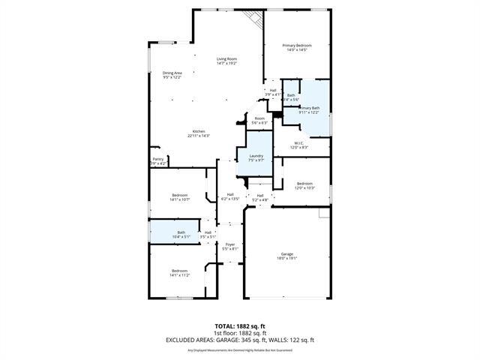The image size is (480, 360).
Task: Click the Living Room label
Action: (226, 59)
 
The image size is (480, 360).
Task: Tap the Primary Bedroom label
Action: (296, 46)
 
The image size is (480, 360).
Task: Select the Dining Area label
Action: (172, 73)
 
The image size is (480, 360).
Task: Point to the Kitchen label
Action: (199, 131)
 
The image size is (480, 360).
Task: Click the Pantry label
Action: (158, 159)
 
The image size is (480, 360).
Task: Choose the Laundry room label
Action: (256, 155)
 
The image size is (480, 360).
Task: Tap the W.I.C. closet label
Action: (298, 142)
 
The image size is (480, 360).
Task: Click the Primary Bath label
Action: (310, 109)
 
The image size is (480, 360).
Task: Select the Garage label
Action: (287, 253)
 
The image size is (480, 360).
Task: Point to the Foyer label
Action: (230, 244)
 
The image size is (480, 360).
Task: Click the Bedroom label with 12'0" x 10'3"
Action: (304, 183)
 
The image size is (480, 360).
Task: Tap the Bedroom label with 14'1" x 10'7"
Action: (179, 195)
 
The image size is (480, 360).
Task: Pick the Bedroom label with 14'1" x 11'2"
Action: (179, 271)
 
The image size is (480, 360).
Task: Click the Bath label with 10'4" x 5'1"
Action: (181, 232)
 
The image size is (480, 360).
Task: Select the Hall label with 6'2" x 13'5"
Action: (230, 195)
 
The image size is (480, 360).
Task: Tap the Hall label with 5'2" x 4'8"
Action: (260, 196)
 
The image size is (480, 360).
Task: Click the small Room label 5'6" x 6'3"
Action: (259, 118)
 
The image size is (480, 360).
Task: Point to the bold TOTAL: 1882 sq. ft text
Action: (239, 325)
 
